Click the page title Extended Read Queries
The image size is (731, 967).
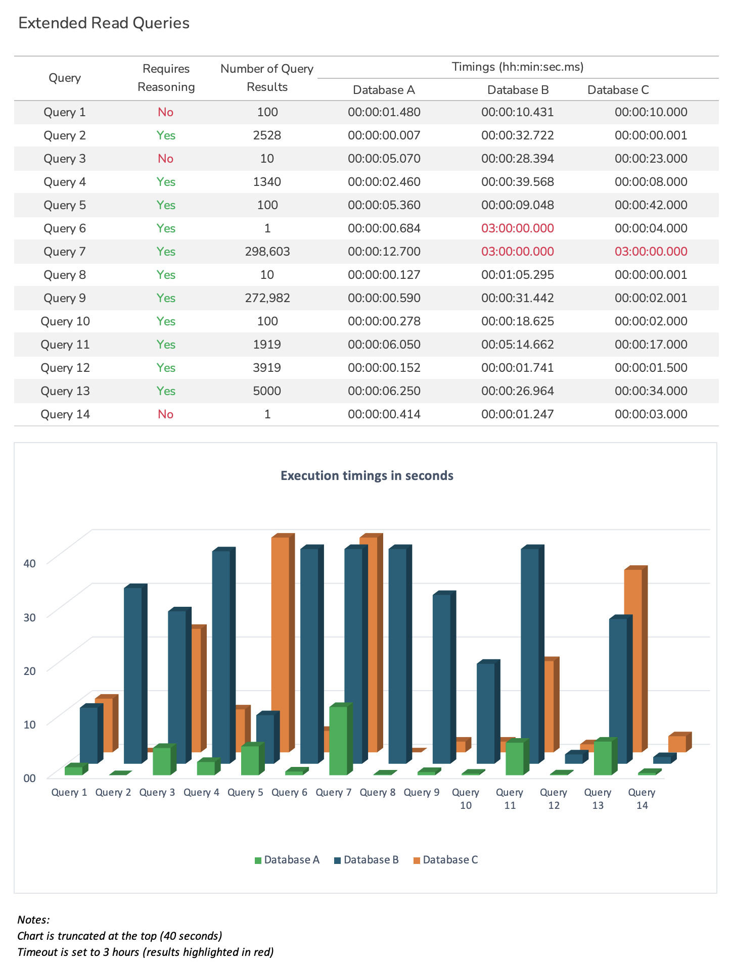click(104, 23)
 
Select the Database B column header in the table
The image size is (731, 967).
click(518, 90)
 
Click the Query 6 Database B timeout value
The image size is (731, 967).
click(517, 228)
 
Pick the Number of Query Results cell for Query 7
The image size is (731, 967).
click(267, 252)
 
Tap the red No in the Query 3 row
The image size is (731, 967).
click(165, 159)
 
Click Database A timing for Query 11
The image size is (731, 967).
click(384, 345)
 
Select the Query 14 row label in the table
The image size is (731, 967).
click(65, 414)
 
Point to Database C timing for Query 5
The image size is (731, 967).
click(651, 205)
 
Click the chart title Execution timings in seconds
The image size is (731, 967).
click(367, 475)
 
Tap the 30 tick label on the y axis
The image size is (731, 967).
click(30, 617)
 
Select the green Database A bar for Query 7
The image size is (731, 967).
click(338, 740)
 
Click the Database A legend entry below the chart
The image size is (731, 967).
click(287, 860)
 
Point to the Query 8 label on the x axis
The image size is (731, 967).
click(377, 792)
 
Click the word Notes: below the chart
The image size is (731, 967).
click(33, 920)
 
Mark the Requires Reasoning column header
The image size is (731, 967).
click(166, 78)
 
